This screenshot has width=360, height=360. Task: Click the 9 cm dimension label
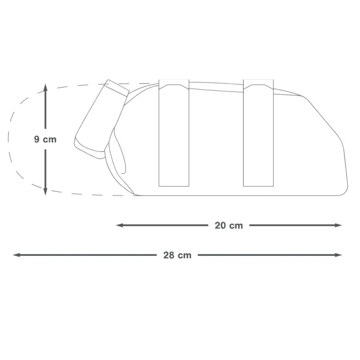tap(45, 140)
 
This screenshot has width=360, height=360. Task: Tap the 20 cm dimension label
tap(229, 225)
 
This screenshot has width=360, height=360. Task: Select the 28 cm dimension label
tap(177, 255)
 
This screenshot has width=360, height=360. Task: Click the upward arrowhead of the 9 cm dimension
tap(45, 88)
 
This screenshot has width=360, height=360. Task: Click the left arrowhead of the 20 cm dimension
tap(120, 225)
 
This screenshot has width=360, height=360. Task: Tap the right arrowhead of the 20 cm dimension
tap(338, 225)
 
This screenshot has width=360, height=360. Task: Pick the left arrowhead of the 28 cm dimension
tap(17, 255)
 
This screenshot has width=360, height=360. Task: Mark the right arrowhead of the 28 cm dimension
tap(338, 255)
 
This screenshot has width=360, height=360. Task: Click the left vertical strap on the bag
tap(174, 133)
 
